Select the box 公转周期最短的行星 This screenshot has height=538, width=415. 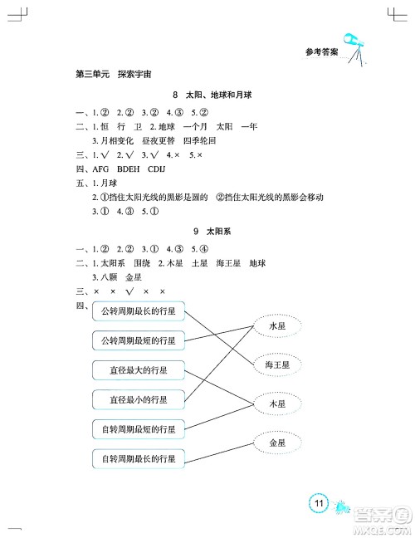coord(138,340)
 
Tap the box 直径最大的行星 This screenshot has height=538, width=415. coord(138,369)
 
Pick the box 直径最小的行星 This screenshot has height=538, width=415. coord(138,399)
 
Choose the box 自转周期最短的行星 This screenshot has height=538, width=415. coord(138,429)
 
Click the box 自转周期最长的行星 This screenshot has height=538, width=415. coord(138,458)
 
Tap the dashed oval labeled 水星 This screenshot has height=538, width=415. coord(277,327)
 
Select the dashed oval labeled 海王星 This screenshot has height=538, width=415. coord(277,364)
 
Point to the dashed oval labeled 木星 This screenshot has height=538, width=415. coord(277,403)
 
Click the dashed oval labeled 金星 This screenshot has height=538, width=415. coord(277,443)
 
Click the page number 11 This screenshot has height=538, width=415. coord(319,503)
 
